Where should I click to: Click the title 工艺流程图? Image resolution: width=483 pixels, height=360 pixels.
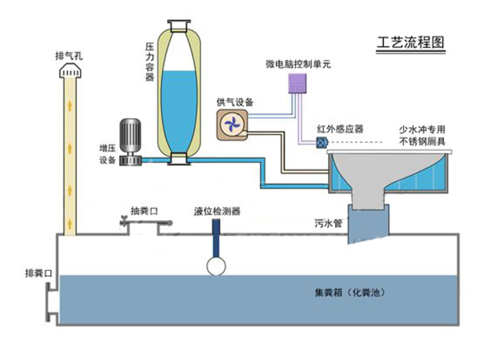(x=411, y=42)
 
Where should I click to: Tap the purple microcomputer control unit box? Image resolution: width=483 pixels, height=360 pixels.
(x=297, y=83)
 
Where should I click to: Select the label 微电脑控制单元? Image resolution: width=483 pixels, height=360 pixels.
(x=298, y=64)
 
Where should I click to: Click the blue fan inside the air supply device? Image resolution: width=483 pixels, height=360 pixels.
(x=232, y=124)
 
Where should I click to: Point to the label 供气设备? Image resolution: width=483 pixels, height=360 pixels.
(x=235, y=102)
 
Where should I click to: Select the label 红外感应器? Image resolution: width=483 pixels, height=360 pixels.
(x=340, y=129)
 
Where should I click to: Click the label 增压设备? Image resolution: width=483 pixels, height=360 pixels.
(x=107, y=154)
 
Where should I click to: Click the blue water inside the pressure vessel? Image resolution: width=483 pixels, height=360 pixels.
(x=179, y=111)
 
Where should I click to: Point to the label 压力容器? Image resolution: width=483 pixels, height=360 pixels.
(x=149, y=62)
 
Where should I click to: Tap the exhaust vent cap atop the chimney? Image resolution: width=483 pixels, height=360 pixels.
(x=70, y=71)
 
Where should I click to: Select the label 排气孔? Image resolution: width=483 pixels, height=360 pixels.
(x=69, y=56)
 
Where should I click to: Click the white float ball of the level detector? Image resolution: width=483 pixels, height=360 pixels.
(x=216, y=266)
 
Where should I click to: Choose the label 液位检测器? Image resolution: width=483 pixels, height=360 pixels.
(x=217, y=211)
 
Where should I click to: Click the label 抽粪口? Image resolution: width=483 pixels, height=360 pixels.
(x=144, y=211)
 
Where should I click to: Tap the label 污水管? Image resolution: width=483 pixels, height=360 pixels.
(x=329, y=223)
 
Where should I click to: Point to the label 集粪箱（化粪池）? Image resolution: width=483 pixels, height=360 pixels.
(x=350, y=292)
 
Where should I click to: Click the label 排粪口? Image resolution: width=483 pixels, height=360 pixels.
(x=38, y=273)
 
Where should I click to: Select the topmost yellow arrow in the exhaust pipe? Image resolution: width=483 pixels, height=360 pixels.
(x=70, y=106)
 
